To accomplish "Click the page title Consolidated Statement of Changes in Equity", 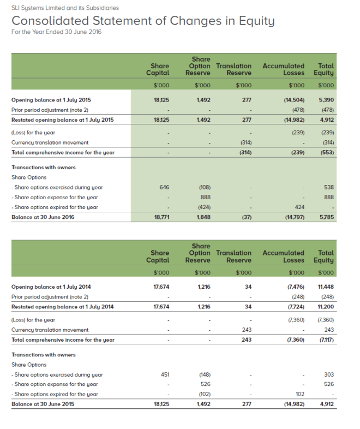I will coord(143,21).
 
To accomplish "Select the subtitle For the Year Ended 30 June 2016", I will coord(56,32).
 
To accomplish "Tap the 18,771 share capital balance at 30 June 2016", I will coord(160,217).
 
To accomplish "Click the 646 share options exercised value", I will coord(164,187).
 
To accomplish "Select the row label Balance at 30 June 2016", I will coord(43,217).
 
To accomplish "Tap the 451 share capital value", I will coord(165,374).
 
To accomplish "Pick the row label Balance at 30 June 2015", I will coord(43,404).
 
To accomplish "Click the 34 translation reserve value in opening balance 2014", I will coord(248,287).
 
